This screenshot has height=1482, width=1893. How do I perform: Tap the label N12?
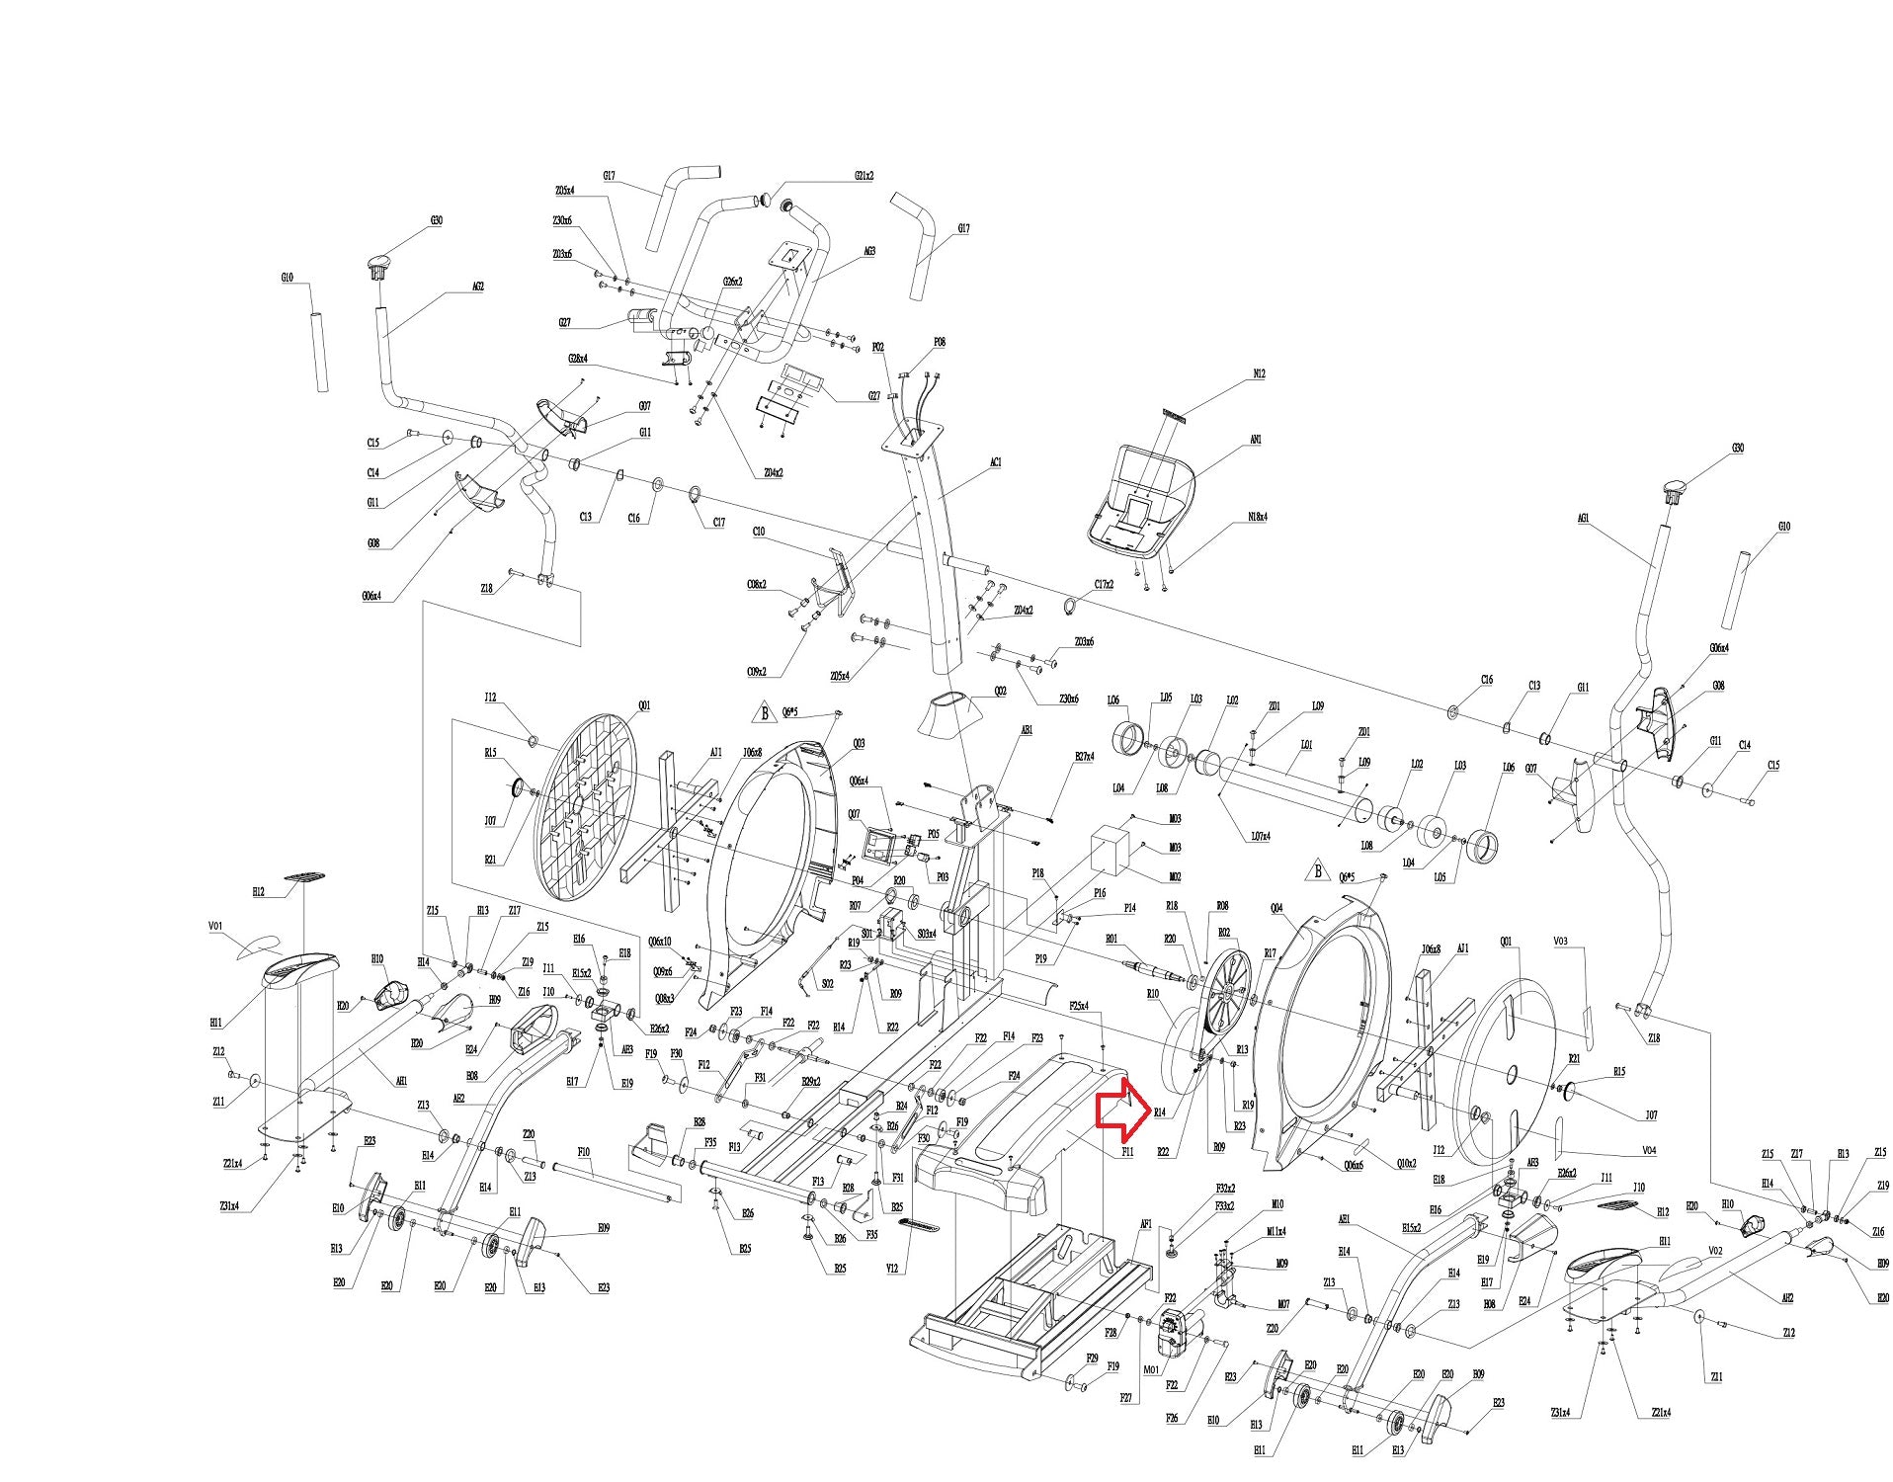tap(1258, 374)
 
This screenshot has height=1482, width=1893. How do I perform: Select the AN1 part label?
tap(1256, 440)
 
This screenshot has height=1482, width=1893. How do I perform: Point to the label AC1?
tap(996, 462)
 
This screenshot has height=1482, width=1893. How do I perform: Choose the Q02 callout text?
tap(1000, 692)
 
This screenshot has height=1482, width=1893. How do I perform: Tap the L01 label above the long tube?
tap(1306, 745)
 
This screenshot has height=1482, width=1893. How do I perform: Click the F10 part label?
tap(583, 1152)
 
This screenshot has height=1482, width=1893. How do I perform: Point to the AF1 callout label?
tap(1146, 1224)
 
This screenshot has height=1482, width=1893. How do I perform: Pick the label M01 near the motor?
tap(1150, 1369)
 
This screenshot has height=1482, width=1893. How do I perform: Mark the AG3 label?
tap(869, 252)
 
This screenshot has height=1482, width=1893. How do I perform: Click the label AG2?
tap(477, 288)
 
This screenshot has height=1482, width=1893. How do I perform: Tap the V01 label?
tap(215, 927)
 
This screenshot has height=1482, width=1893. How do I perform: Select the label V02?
tap(1715, 1251)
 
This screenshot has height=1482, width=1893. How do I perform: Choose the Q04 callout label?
tap(1276, 908)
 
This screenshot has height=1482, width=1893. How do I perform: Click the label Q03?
tap(859, 743)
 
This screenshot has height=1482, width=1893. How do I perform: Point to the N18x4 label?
tap(1258, 517)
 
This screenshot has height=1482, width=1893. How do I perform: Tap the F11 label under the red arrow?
tap(1127, 1152)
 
